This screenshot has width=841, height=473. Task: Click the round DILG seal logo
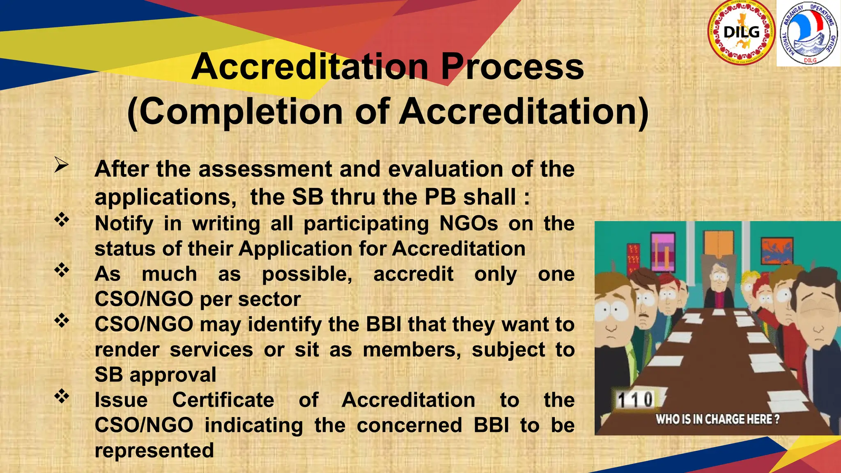(741, 33)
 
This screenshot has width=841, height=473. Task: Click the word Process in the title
(512, 67)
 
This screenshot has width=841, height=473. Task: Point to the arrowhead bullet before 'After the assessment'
(61, 165)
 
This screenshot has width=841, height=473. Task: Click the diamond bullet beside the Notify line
(62, 220)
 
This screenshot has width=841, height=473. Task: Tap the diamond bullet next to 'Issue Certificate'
(62, 396)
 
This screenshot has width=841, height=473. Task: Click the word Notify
(124, 224)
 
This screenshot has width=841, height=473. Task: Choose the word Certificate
(223, 400)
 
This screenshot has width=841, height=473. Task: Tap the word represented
(154, 450)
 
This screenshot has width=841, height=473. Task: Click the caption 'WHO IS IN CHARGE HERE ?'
(717, 419)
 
